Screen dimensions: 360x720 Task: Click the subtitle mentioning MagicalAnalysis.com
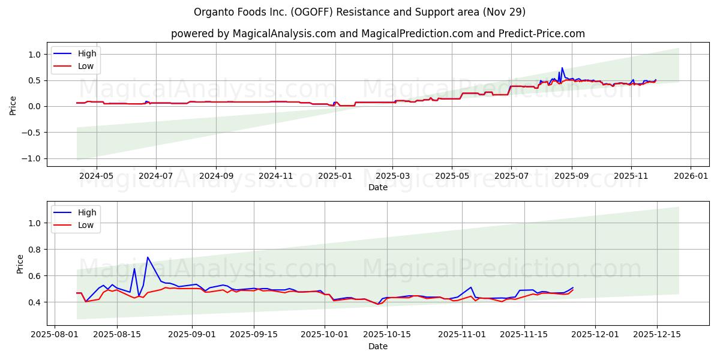377,34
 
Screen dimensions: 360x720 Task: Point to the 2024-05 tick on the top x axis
97,176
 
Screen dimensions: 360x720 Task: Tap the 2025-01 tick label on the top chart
335,176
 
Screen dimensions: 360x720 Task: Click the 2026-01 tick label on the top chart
691,176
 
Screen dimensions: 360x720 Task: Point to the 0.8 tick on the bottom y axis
35,249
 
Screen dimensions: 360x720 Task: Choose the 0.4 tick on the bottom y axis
35,302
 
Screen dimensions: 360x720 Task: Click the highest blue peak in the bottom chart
148,257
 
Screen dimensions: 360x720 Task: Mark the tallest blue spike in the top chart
562,68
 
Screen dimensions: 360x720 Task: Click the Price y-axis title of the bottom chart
20,263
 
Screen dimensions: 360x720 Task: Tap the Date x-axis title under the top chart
377,187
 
